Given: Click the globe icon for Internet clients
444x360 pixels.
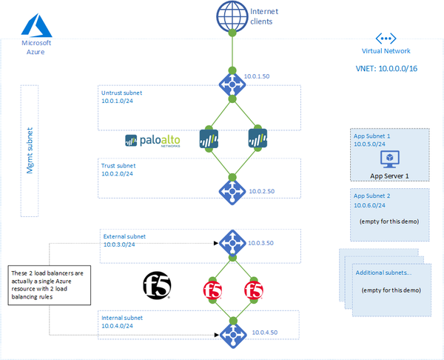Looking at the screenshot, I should click(232, 16).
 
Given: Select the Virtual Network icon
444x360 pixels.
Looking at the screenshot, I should click(386, 38).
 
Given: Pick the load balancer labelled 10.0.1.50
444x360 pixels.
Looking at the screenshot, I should click(232, 84).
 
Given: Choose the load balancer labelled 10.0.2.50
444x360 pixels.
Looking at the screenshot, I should click(232, 190).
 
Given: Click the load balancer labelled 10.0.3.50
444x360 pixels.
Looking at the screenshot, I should click(232, 242).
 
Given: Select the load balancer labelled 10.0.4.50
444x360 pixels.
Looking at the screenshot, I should click(232, 331).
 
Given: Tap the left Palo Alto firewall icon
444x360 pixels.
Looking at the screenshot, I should click(209, 139).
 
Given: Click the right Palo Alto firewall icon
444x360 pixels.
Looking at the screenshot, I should click(257, 139).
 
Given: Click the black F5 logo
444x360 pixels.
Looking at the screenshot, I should click(155, 285).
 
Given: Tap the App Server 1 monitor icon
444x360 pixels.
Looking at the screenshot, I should click(389, 159).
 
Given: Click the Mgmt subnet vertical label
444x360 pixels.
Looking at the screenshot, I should click(30, 150).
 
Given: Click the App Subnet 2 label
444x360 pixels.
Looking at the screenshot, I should click(371, 196).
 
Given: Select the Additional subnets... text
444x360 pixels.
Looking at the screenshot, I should click(384, 273).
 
